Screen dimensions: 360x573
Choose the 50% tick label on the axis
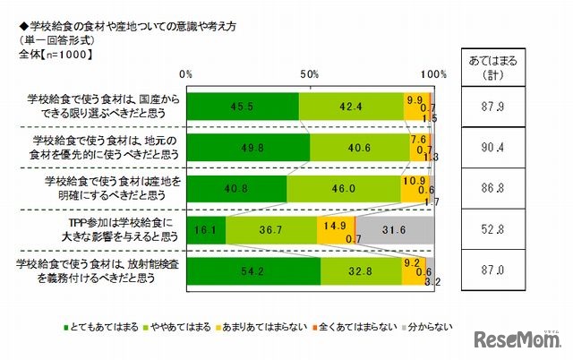(311, 74)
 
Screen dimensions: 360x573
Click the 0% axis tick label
(187, 74)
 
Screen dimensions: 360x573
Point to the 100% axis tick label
(433, 74)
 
